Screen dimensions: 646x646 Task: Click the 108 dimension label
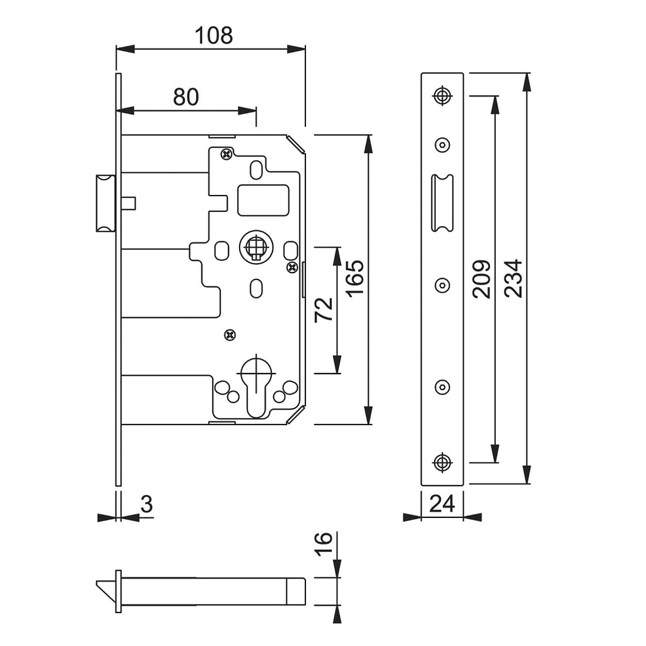tap(213, 36)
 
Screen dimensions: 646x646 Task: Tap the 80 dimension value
tap(186, 97)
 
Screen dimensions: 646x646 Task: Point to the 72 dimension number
tap(324, 310)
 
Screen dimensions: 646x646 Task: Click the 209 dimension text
tap(481, 278)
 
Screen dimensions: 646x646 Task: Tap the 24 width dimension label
tap(442, 503)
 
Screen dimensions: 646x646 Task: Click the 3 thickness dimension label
tap(146, 504)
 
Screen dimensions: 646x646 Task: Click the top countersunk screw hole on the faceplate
tap(442, 95)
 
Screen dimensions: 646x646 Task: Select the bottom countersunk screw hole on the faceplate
tap(442, 462)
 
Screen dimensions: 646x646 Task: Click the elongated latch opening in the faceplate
tap(442, 203)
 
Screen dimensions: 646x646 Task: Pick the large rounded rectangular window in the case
tap(263, 199)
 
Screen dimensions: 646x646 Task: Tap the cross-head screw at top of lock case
tap(225, 153)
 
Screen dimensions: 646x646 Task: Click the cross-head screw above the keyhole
tap(230, 334)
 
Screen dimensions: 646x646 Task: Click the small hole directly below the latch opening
tap(442, 285)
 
